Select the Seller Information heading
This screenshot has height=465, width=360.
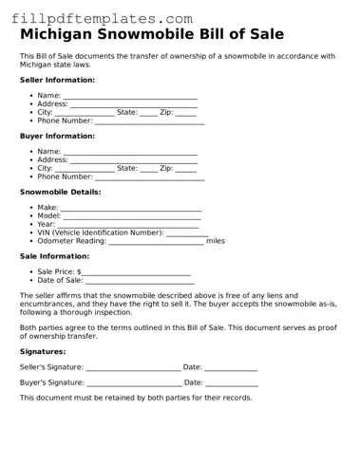coord(57,80)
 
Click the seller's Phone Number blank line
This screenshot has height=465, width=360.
coord(149,122)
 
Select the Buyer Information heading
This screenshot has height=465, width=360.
coord(56,136)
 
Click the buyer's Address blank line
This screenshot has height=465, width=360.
coord(134,161)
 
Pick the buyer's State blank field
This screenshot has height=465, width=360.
coord(148,170)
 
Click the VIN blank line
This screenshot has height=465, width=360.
coord(187,233)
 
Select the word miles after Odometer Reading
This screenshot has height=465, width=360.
coord(216,241)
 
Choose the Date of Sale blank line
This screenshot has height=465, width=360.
coord(140,282)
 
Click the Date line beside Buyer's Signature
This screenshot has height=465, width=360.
coord(232,384)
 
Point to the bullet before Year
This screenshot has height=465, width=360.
coord(31,225)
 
